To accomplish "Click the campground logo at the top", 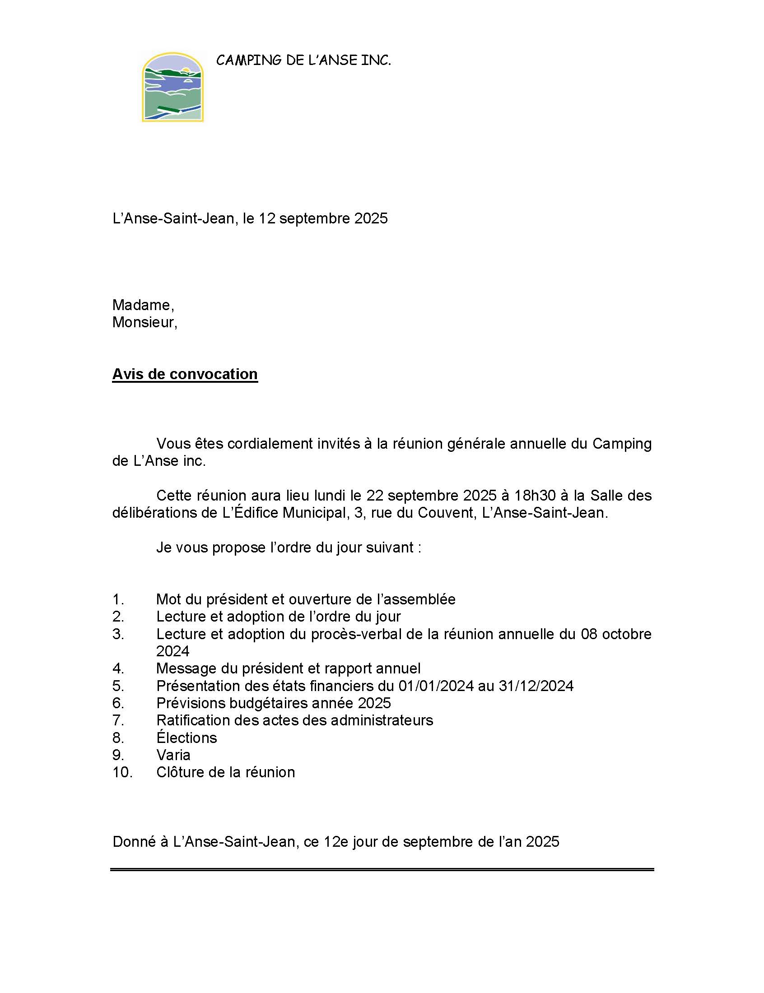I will click(172, 87).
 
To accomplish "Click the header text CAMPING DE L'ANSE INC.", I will click(303, 60).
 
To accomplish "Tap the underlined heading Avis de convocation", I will click(185, 374).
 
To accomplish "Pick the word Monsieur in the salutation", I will click(144, 322).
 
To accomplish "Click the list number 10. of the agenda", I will click(122, 772).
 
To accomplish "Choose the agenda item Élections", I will click(186, 738).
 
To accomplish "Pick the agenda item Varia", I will click(173, 755).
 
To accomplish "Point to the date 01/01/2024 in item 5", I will click(436, 686).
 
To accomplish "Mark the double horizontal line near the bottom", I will click(382, 870).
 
